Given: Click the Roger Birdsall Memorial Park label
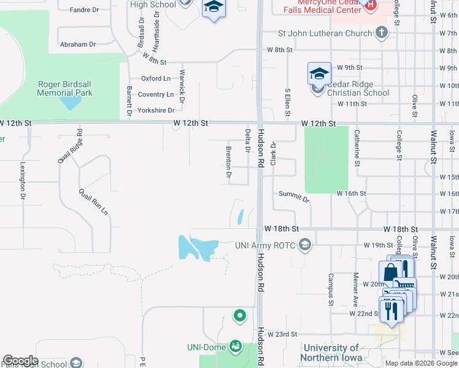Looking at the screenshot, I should pyautogui.click(x=64, y=88).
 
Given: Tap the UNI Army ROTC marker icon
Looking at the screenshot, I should pyautogui.click(x=304, y=245).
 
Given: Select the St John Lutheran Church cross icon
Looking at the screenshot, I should pyautogui.click(x=382, y=33).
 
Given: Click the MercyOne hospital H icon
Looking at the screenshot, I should pyautogui.click(x=370, y=5).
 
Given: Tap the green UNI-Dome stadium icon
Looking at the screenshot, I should pyautogui.click(x=235, y=347).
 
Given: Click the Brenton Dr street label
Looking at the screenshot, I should pyautogui.click(x=228, y=163).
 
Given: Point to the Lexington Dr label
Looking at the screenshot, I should pyautogui.click(x=22, y=180).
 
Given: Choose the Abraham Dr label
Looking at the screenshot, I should pyautogui.click(x=78, y=44).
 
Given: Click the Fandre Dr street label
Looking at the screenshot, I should pyautogui.click(x=84, y=10).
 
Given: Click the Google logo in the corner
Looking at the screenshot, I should pyautogui.click(x=20, y=361).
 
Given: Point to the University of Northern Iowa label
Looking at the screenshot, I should pyautogui.click(x=339, y=353).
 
